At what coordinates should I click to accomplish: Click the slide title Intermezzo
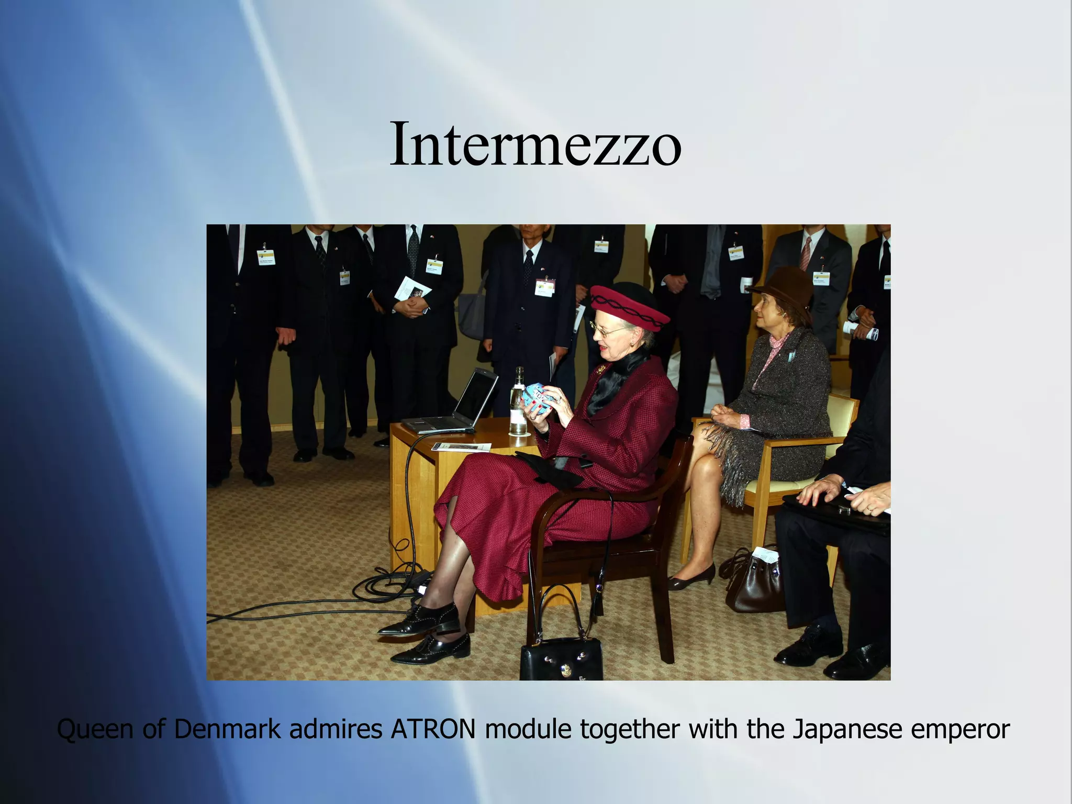coord(535,143)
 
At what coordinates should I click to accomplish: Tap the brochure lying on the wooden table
coord(461,447)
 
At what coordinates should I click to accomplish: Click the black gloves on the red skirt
coord(550,468)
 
